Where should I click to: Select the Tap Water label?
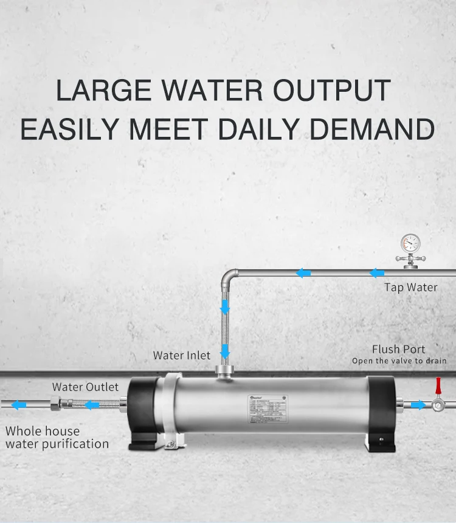(x=410, y=287)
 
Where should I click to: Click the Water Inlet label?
(x=181, y=355)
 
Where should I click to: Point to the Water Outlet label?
(x=85, y=387)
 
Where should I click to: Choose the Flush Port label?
(x=398, y=349)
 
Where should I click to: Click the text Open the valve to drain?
(x=399, y=361)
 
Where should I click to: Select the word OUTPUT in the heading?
(x=331, y=91)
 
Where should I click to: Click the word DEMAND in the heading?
(x=376, y=129)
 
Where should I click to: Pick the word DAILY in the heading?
(x=267, y=129)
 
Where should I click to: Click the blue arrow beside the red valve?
(x=418, y=404)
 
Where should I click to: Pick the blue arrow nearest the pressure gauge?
(x=377, y=274)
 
